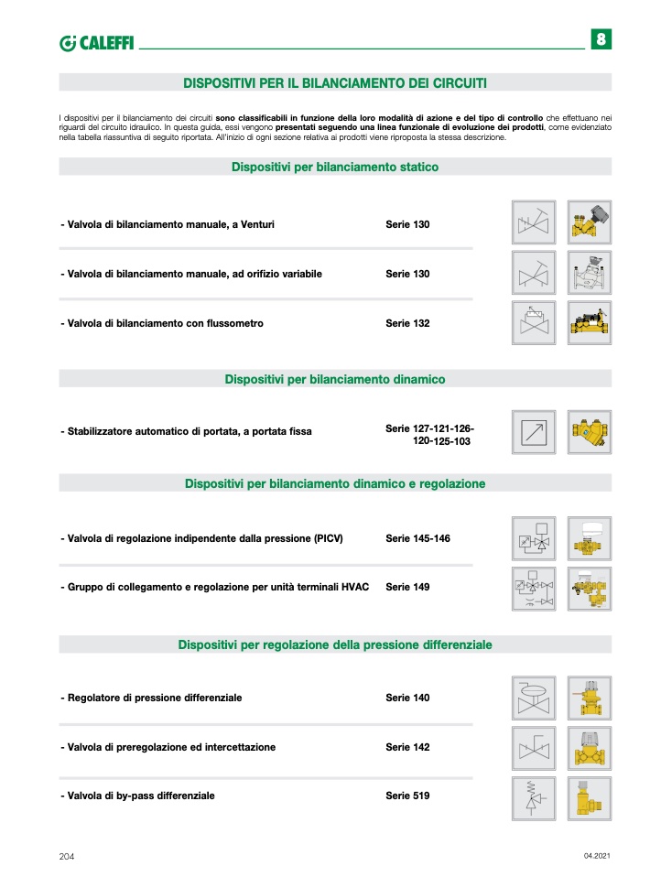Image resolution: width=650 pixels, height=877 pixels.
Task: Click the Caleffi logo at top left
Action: coord(95,43)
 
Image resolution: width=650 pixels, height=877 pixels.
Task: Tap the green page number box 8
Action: coord(601,39)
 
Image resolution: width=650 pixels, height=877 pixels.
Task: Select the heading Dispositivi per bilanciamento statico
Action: coord(335,167)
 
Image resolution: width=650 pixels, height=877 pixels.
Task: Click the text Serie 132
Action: coord(407,323)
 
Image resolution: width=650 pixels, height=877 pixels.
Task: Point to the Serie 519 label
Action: coord(407,796)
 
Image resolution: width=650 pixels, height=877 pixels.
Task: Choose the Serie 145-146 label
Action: coord(417,538)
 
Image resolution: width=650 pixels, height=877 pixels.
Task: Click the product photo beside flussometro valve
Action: coord(589,323)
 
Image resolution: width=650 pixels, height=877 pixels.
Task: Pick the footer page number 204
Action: coord(66,856)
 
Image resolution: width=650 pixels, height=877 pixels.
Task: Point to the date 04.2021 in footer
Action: coord(596,855)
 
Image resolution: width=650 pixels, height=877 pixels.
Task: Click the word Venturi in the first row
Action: coord(257,224)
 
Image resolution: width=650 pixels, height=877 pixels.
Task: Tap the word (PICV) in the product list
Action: coord(327,538)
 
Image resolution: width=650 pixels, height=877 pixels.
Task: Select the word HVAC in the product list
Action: coord(355,587)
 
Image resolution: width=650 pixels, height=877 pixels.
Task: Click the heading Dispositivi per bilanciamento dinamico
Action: coord(335,379)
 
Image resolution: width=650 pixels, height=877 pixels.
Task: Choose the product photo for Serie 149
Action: coord(589,589)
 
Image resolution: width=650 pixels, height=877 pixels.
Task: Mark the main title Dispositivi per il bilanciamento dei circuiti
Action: coord(335,82)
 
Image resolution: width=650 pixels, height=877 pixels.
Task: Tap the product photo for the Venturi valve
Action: coord(589,222)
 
